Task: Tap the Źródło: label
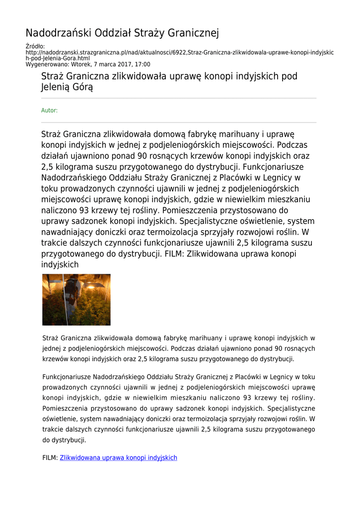click(35, 47)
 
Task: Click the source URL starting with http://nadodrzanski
click(179, 53)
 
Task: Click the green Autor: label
click(49, 111)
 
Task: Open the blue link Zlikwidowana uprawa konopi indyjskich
click(118, 458)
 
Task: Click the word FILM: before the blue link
click(50, 458)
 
